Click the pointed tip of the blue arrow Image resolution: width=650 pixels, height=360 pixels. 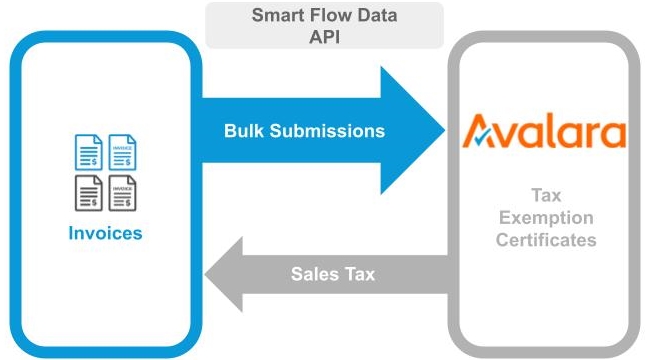(x=442, y=130)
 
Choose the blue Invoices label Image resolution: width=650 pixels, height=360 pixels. (x=105, y=234)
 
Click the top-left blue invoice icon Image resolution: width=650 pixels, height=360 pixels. (x=89, y=150)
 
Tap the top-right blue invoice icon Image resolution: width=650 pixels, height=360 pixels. (x=122, y=150)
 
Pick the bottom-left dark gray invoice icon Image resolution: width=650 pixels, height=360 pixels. (x=89, y=192)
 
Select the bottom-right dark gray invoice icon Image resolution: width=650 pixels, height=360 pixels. (x=122, y=192)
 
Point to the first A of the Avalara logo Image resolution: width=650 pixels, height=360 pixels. (x=483, y=132)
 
